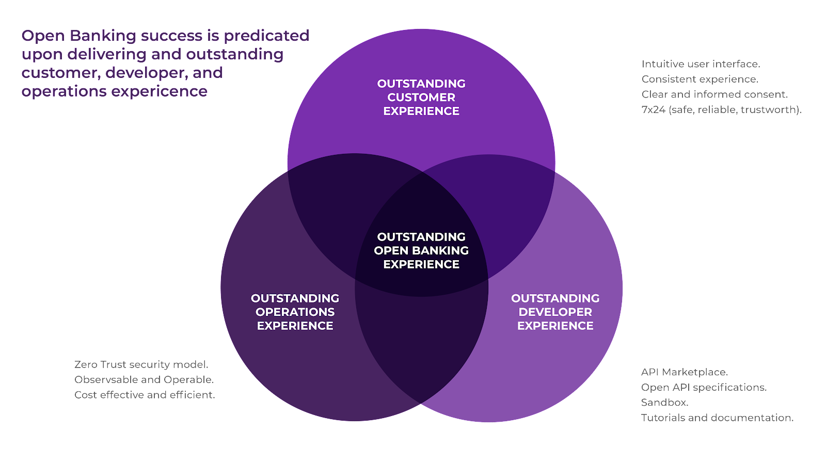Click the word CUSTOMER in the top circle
pyautogui.click(x=421, y=97)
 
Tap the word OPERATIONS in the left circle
pyautogui.click(x=295, y=312)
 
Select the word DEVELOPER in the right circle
pyautogui.click(x=555, y=312)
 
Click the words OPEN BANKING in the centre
pyautogui.click(x=421, y=250)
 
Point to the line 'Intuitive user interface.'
pyautogui.click(x=700, y=64)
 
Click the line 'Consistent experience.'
pyautogui.click(x=700, y=79)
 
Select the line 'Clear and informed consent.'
pyautogui.click(x=714, y=94)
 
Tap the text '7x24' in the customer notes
pyautogui.click(x=653, y=109)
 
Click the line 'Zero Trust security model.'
pyautogui.click(x=141, y=364)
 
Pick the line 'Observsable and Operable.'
pyautogui.click(x=144, y=379)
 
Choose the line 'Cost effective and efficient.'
pyautogui.click(x=145, y=395)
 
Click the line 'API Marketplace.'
pyautogui.click(x=684, y=372)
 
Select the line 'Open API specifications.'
pyautogui.click(x=704, y=387)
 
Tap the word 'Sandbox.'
pyautogui.click(x=664, y=402)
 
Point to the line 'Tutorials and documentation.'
pyautogui.click(x=717, y=418)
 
